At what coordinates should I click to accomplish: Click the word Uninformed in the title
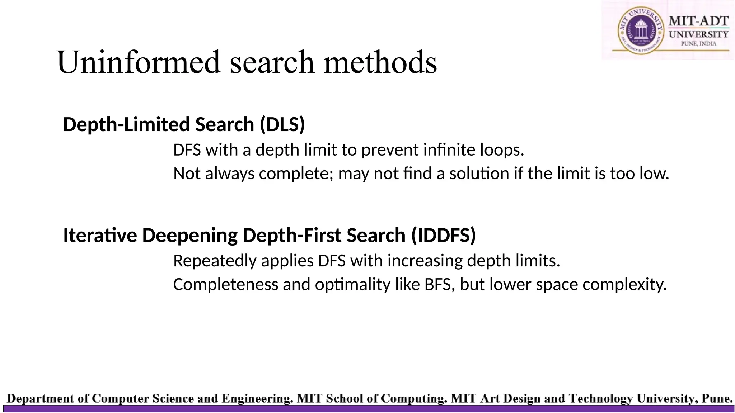[138, 62]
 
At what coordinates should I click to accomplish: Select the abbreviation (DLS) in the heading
[282, 125]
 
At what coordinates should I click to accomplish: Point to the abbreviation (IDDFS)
[444, 236]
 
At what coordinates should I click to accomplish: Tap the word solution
[479, 174]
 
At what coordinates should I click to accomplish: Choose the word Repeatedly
[215, 261]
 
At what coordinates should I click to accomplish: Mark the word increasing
[425, 261]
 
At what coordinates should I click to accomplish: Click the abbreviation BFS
[437, 285]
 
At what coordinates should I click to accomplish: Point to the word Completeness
[226, 285]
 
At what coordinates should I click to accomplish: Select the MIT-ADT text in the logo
[698, 21]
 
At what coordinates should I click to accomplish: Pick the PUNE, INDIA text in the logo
[698, 44]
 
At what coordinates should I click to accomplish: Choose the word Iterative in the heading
[100, 236]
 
